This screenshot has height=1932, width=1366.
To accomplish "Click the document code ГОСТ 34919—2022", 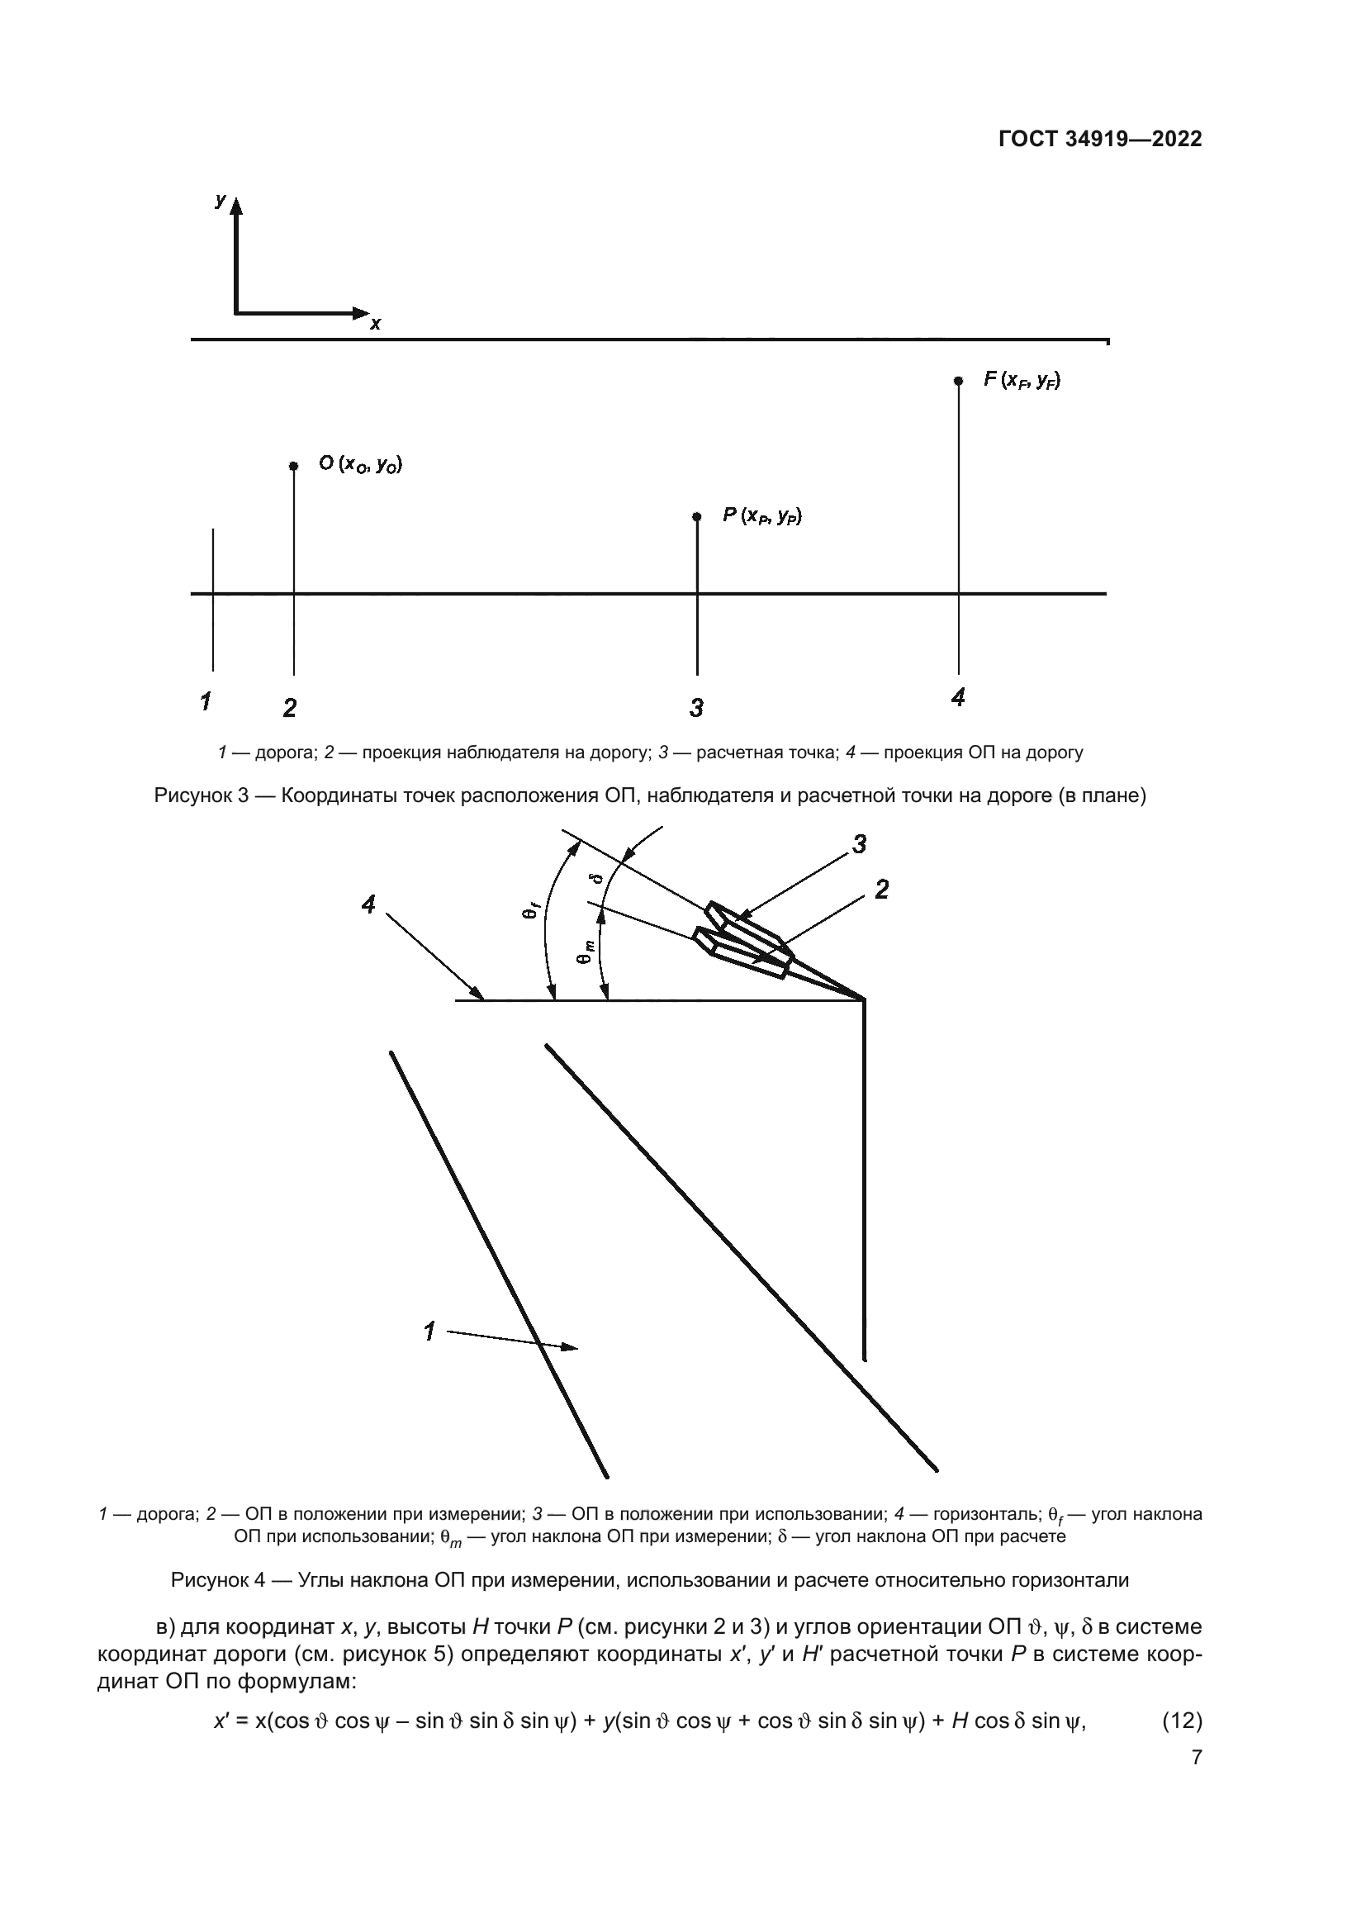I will click(x=1099, y=139).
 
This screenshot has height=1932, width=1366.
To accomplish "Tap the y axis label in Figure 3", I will click(x=221, y=199).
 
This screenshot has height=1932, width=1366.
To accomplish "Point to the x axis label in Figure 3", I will click(x=375, y=323).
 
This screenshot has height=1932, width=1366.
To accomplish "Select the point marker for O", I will click(x=292, y=465).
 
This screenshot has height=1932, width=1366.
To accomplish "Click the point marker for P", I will click(x=696, y=516).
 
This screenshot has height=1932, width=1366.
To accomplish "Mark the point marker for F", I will click(x=958, y=380).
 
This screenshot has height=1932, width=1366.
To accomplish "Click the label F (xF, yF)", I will click(x=1022, y=380).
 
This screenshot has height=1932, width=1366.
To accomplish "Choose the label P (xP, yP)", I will click(x=762, y=515).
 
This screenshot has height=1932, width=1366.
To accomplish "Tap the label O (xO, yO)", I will click(x=360, y=463).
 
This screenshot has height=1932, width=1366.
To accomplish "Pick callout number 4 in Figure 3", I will click(x=957, y=697).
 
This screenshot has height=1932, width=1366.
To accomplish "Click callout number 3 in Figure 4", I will click(x=859, y=844).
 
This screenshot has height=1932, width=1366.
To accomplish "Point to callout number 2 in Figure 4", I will click(x=881, y=890).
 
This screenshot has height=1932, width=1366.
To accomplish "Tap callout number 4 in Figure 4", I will click(x=368, y=904).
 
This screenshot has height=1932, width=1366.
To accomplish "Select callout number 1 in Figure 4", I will click(x=429, y=1332).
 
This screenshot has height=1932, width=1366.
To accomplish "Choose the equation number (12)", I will click(x=1181, y=1721).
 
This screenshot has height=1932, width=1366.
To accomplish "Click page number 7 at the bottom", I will click(x=1196, y=1758).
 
